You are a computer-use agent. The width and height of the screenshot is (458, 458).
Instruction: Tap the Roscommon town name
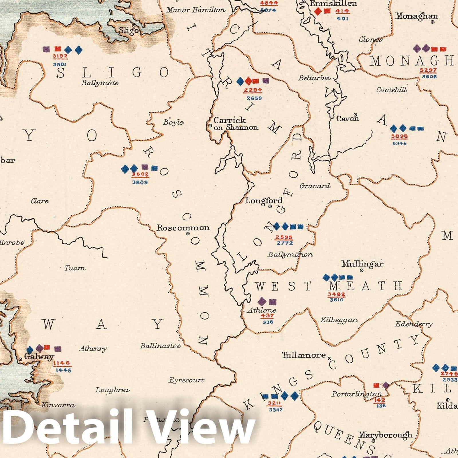[183, 228]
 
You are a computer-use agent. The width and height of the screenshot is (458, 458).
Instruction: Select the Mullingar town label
[362, 264]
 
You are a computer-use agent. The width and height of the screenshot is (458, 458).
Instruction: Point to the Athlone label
[262, 310]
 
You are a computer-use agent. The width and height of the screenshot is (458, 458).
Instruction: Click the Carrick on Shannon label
[236, 124]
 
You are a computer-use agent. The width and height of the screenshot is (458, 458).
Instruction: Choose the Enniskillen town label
[333, 3]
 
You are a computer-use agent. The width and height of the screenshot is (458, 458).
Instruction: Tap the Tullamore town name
[304, 355]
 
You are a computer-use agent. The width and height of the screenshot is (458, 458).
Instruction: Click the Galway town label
[39, 357]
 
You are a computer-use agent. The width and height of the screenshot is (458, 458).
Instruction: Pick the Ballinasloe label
[160, 346]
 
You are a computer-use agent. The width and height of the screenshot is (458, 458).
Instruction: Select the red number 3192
[60, 56]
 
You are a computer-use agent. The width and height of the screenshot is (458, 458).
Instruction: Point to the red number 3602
[140, 174]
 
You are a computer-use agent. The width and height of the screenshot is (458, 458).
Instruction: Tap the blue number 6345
[399, 143]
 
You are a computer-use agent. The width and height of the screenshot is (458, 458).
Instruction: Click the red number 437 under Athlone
[267, 316]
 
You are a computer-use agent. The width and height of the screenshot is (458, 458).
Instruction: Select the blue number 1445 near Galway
[64, 370]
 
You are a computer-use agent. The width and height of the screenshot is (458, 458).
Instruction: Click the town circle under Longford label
[270, 206]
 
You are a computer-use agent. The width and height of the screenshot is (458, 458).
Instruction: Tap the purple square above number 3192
[46, 50]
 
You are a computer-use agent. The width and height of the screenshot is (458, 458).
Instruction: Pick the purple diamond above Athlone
[262, 301]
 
